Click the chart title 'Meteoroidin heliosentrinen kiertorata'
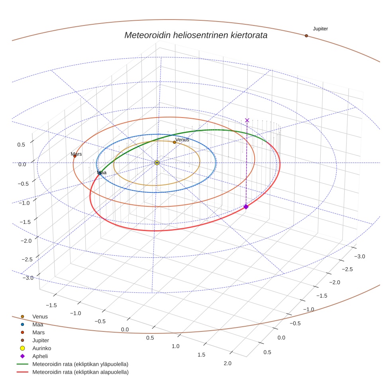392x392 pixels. tap(196, 35)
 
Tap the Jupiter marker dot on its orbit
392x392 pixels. tap(306, 36)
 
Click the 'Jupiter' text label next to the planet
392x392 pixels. tap(320, 29)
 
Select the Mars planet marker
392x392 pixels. tap(74, 156)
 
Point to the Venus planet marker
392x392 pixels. tap(174, 142)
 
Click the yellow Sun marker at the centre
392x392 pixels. tap(157, 163)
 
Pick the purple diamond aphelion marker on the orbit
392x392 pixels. tap(246, 206)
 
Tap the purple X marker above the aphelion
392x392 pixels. tap(247, 120)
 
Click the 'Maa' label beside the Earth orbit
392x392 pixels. tap(102, 172)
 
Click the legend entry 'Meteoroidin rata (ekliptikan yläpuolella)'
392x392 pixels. tap(80, 364)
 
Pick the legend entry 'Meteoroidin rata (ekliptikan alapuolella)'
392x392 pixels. tap(80, 372)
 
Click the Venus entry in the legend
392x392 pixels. tap(40, 316)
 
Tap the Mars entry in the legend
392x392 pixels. tap(38, 332)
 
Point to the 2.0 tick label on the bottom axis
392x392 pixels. tap(228, 363)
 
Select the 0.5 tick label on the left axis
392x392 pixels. tap(21, 145)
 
